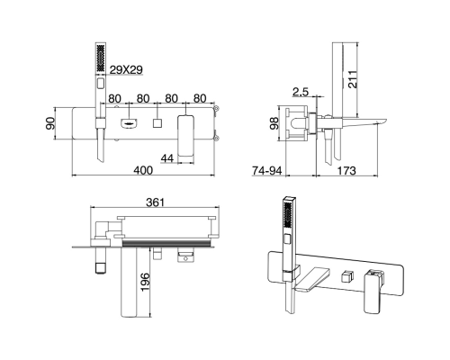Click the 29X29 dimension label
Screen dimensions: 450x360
click(x=126, y=70)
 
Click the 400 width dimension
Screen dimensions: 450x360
click(x=143, y=170)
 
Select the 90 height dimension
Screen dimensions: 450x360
click(x=50, y=123)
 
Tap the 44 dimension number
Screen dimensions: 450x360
click(x=167, y=158)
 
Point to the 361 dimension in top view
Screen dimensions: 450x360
click(x=156, y=202)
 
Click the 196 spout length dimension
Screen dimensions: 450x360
click(x=145, y=282)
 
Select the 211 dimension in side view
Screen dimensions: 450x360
click(x=353, y=79)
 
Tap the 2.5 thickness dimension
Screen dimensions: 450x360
click(x=301, y=92)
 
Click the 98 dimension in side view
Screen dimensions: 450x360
click(x=274, y=123)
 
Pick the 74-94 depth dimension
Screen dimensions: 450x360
click(x=267, y=170)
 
